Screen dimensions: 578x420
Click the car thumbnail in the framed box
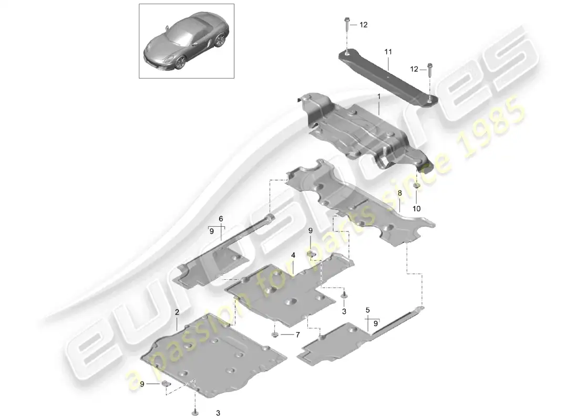pyautogui.click(x=186, y=43)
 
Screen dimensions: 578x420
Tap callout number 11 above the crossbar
pyautogui.click(x=388, y=52)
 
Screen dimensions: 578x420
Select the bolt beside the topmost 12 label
pyautogui.click(x=347, y=24)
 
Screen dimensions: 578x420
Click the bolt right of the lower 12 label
pyautogui.click(x=430, y=70)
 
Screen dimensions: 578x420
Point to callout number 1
pyautogui.click(x=378, y=96)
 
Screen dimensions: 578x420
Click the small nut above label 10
pyautogui.click(x=416, y=186)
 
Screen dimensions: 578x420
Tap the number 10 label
pyautogui.click(x=416, y=208)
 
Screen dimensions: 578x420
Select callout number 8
pyautogui.click(x=399, y=193)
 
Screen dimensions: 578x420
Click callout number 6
pyautogui.click(x=221, y=219)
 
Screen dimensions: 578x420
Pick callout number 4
pyautogui.click(x=293, y=255)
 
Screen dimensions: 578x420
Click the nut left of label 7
pyautogui.click(x=275, y=334)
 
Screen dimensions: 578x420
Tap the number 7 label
pyautogui.click(x=297, y=335)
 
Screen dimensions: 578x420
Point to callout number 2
pyautogui.click(x=177, y=312)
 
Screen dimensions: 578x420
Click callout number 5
pyautogui.click(x=367, y=311)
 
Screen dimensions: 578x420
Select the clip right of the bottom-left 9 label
pyautogui.click(x=166, y=384)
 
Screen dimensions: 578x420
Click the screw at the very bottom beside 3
pyautogui.click(x=195, y=412)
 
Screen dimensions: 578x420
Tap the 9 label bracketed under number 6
pyautogui.click(x=211, y=232)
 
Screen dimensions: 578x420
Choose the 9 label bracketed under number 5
pyautogui.click(x=376, y=323)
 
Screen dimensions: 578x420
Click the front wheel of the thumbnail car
pyautogui.click(x=180, y=63)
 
